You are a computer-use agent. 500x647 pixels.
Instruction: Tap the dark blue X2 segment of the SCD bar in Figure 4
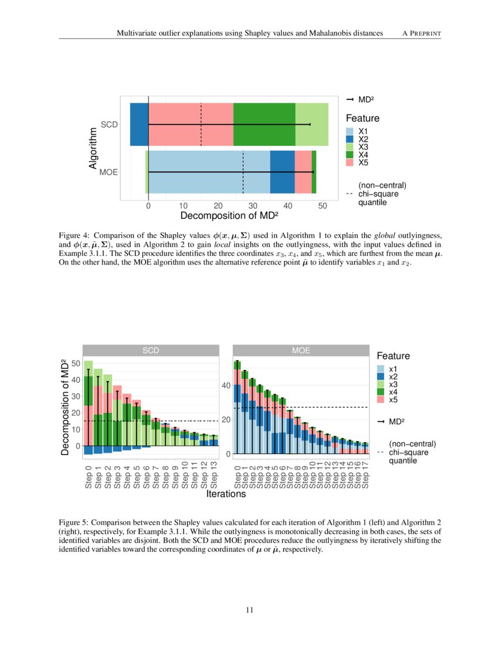139,124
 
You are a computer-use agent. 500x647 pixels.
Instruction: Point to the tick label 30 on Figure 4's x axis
253,206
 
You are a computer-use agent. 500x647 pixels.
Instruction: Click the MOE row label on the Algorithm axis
109,172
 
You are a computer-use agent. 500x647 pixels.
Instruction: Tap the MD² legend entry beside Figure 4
361,100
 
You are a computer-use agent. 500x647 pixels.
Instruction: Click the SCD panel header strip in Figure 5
151,351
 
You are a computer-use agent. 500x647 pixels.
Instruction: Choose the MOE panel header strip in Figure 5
301,351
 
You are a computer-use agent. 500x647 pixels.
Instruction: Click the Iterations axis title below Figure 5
226,495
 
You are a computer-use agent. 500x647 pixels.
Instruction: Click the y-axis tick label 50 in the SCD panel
75,363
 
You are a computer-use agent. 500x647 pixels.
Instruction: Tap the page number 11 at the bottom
249,610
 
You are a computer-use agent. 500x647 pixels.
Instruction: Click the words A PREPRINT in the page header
421,34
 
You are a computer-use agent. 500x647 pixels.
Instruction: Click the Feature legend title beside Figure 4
362,118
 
